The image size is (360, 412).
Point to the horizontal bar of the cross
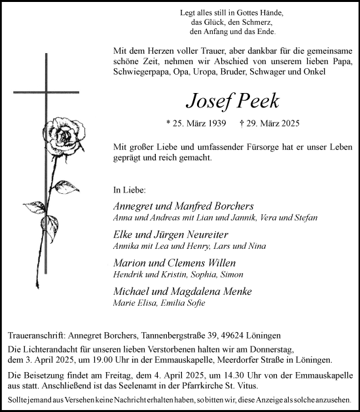coord(46,92)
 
